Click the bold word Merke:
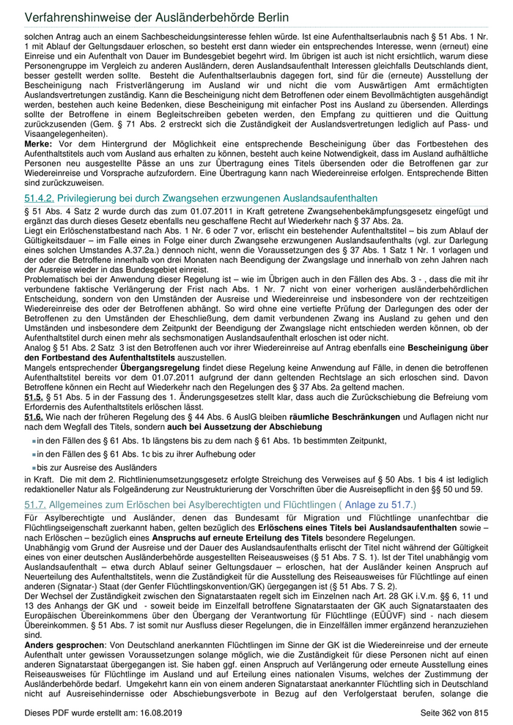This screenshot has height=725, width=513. click(x=39, y=144)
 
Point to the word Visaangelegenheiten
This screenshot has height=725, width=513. click(x=66, y=134)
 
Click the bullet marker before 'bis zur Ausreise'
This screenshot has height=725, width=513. click(x=33, y=467)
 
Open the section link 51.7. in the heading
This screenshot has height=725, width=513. click(x=36, y=505)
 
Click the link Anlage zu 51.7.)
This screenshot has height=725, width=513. click(x=379, y=505)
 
